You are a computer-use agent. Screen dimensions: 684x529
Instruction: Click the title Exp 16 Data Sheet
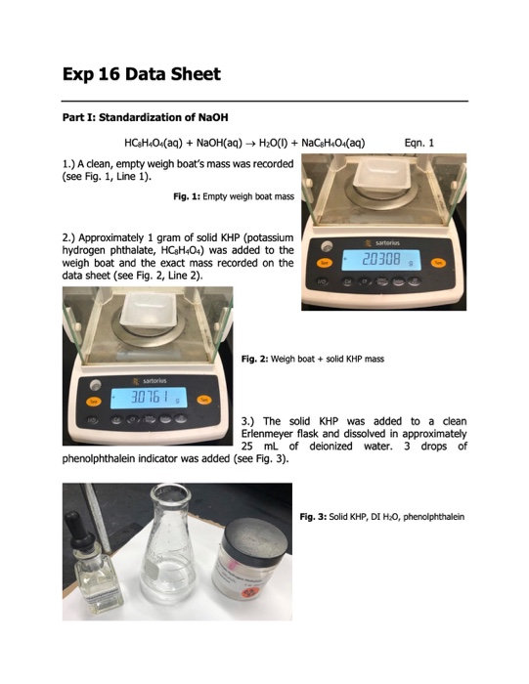pyautogui.click(x=141, y=74)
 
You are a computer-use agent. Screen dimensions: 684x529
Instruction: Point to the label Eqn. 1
pyautogui.click(x=419, y=143)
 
